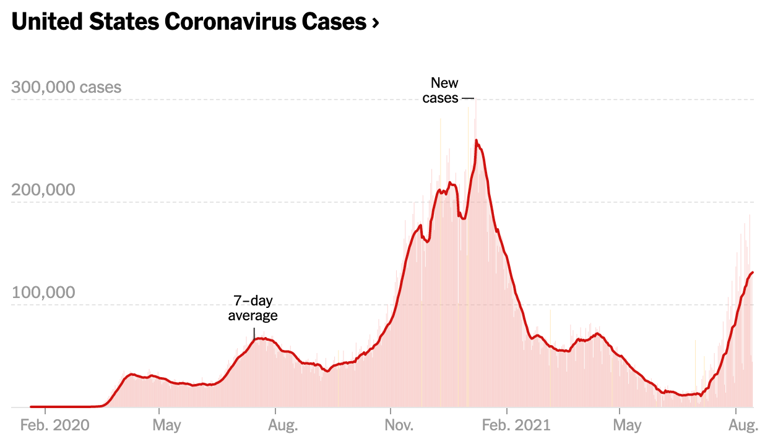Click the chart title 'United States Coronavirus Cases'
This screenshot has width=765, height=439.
tap(189, 22)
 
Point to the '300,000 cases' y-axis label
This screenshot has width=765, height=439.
tap(66, 87)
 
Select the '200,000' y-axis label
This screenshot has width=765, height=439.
tap(43, 190)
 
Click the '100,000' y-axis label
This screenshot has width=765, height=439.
tap(43, 292)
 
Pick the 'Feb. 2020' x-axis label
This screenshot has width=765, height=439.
tap(55, 425)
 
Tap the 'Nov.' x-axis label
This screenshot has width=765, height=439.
tap(399, 425)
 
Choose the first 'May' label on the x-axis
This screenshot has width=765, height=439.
tap(167, 425)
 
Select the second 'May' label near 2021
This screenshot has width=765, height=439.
tap(628, 425)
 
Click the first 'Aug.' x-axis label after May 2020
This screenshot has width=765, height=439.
tap(284, 425)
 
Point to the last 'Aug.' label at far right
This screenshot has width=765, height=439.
tap(743, 425)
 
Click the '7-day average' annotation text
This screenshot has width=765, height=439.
tap(253, 308)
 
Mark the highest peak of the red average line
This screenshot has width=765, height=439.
tap(476, 140)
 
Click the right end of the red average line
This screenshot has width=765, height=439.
tap(752, 272)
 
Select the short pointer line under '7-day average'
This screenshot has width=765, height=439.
tap(254, 332)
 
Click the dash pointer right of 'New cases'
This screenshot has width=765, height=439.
tap(467, 98)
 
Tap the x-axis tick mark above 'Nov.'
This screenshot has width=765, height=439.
tap(391, 411)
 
